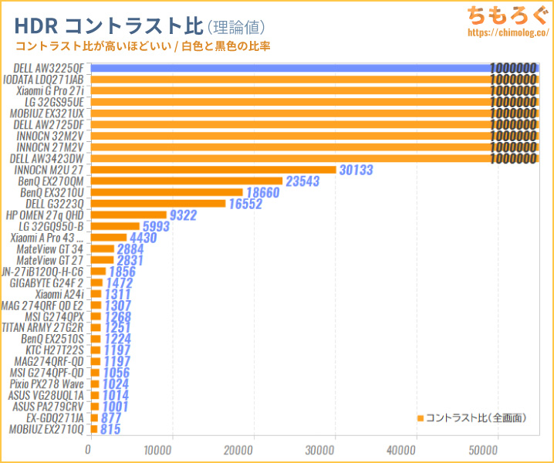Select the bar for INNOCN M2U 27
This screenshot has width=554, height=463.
pos(213,170)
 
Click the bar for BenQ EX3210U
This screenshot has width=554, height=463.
pos(167,192)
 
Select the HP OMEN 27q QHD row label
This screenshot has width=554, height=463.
pos(45,215)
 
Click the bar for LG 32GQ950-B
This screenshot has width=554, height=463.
pos(115,226)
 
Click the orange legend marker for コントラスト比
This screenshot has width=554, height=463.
pos(421,418)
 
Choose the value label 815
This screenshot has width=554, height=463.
pos(110,429)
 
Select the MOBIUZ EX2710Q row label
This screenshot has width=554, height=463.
pos(47,429)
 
